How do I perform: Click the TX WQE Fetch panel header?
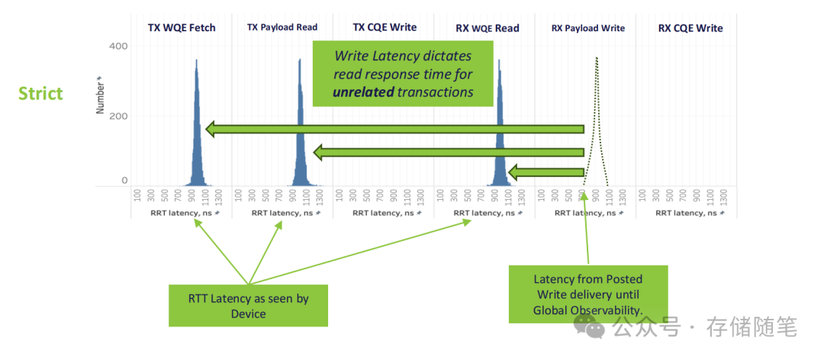[182, 28]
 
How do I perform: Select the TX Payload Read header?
[282, 28]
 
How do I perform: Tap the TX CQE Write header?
[385, 27]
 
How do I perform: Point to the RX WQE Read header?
[487, 28]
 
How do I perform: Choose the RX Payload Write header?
[587, 28]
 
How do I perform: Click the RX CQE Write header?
[690, 28]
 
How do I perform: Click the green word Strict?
[40, 94]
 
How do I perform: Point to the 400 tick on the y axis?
[118, 47]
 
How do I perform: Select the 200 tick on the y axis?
[118, 116]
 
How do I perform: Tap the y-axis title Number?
[100, 95]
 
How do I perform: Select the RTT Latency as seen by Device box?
[248, 305]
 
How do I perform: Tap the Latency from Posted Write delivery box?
[588, 294]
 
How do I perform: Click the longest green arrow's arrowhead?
[211, 130]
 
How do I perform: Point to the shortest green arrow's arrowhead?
[513, 172]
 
